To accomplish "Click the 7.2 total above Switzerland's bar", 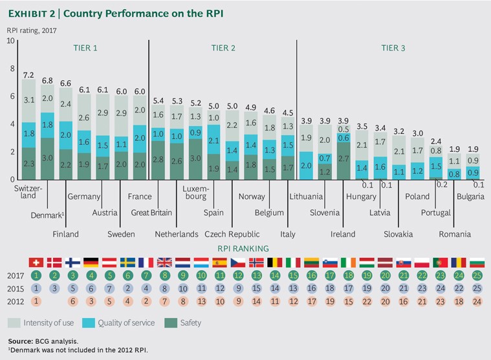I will tap(28, 76).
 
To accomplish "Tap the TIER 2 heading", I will tap(223, 47).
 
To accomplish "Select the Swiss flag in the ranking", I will tap(38, 262).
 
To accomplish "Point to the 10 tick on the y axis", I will tap(10, 41).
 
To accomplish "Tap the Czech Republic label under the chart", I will tap(232, 234).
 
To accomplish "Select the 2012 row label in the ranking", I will tap(16, 301).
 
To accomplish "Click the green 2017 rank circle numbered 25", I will tap(477, 276).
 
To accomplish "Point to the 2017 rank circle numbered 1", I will tap(38, 276).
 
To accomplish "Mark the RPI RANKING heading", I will tap(243, 248).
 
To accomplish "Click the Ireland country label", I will tap(343, 234).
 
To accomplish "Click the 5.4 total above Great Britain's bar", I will tap(157, 101).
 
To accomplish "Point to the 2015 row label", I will tap(16, 289).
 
